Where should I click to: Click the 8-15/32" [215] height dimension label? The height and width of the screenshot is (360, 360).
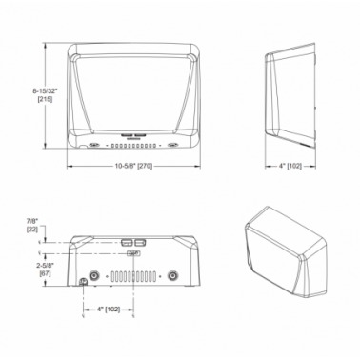45,95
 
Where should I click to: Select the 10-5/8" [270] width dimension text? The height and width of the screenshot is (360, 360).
133,166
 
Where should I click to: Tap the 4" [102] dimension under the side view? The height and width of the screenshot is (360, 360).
290,166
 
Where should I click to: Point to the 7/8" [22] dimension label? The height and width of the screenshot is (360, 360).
32,226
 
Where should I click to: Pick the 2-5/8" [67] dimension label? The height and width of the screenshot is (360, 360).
44,270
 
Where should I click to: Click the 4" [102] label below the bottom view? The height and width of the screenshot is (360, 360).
109,310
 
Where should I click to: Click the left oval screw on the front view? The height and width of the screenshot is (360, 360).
94,145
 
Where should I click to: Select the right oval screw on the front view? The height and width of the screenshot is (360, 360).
172,145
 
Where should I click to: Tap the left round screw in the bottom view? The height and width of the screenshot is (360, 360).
94,276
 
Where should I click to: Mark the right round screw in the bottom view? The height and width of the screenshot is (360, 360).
172,276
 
